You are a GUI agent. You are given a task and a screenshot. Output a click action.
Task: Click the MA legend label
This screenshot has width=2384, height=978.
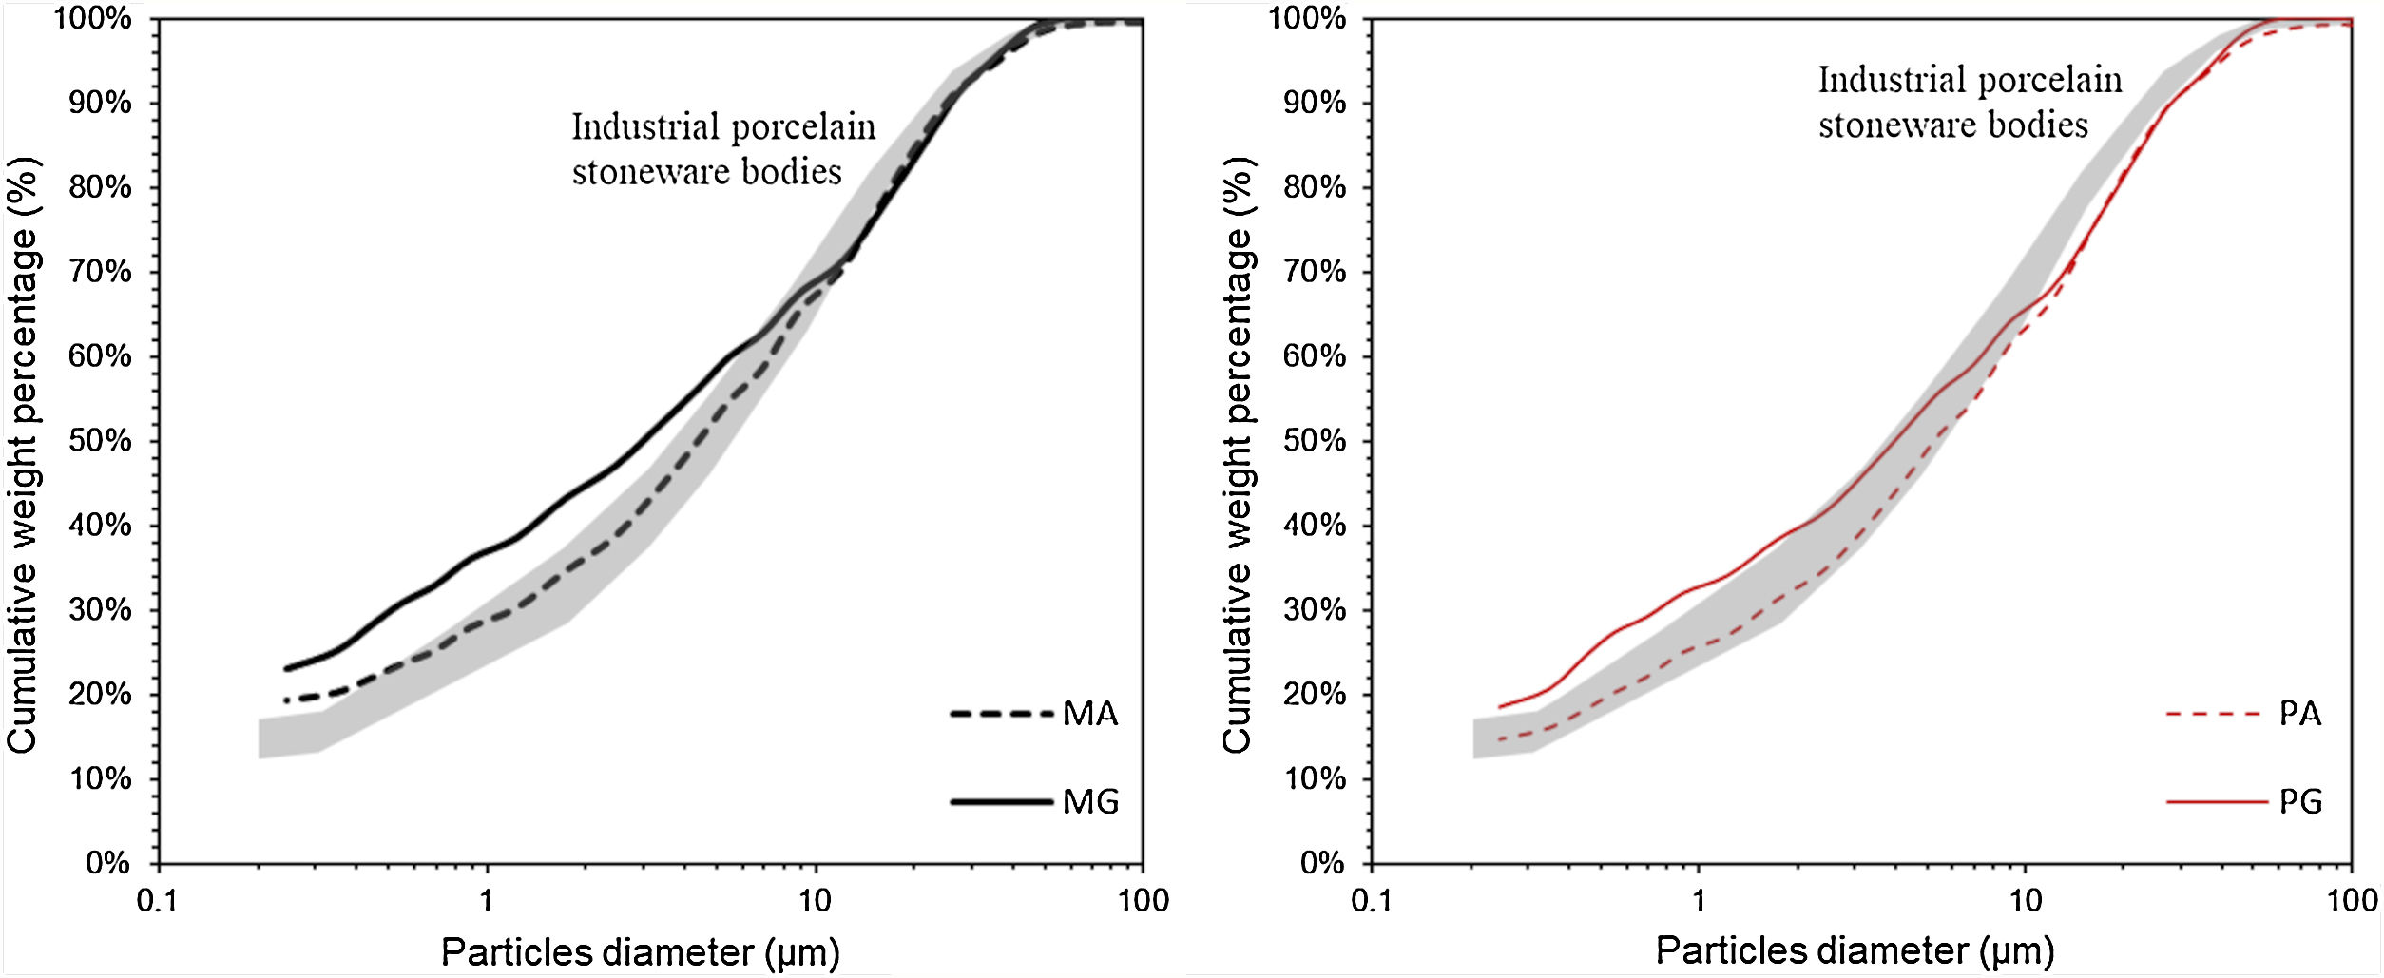(1089, 714)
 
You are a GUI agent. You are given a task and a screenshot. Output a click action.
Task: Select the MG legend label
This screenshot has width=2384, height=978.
(1090, 802)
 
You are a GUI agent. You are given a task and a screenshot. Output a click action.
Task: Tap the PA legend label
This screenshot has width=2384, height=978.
(2299, 714)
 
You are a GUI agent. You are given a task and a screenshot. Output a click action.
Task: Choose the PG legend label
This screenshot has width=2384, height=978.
(2300, 802)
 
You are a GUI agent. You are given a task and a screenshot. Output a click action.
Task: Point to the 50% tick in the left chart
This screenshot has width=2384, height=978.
(100, 441)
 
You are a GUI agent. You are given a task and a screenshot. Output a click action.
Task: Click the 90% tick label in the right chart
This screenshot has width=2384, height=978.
(1315, 103)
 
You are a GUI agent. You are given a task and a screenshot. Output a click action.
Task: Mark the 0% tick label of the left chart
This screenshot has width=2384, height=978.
(107, 863)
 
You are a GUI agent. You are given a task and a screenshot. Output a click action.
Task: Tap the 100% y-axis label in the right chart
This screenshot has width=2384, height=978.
(1308, 18)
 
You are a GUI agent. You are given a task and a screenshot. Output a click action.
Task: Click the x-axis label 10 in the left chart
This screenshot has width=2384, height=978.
(815, 900)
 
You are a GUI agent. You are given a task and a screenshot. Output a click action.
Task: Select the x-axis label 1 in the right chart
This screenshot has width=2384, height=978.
(1699, 900)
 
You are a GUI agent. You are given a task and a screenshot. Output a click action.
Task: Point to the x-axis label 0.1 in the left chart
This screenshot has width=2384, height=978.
(158, 900)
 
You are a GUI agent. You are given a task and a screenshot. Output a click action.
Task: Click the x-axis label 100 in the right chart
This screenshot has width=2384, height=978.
(2352, 900)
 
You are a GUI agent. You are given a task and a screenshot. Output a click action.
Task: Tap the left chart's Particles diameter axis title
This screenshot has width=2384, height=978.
(640, 951)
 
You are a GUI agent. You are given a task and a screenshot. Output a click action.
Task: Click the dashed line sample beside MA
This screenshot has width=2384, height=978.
(1001, 714)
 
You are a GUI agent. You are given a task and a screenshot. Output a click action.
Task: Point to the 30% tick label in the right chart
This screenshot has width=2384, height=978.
(1315, 609)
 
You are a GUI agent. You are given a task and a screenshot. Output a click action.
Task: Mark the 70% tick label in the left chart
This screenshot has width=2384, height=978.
(100, 272)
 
